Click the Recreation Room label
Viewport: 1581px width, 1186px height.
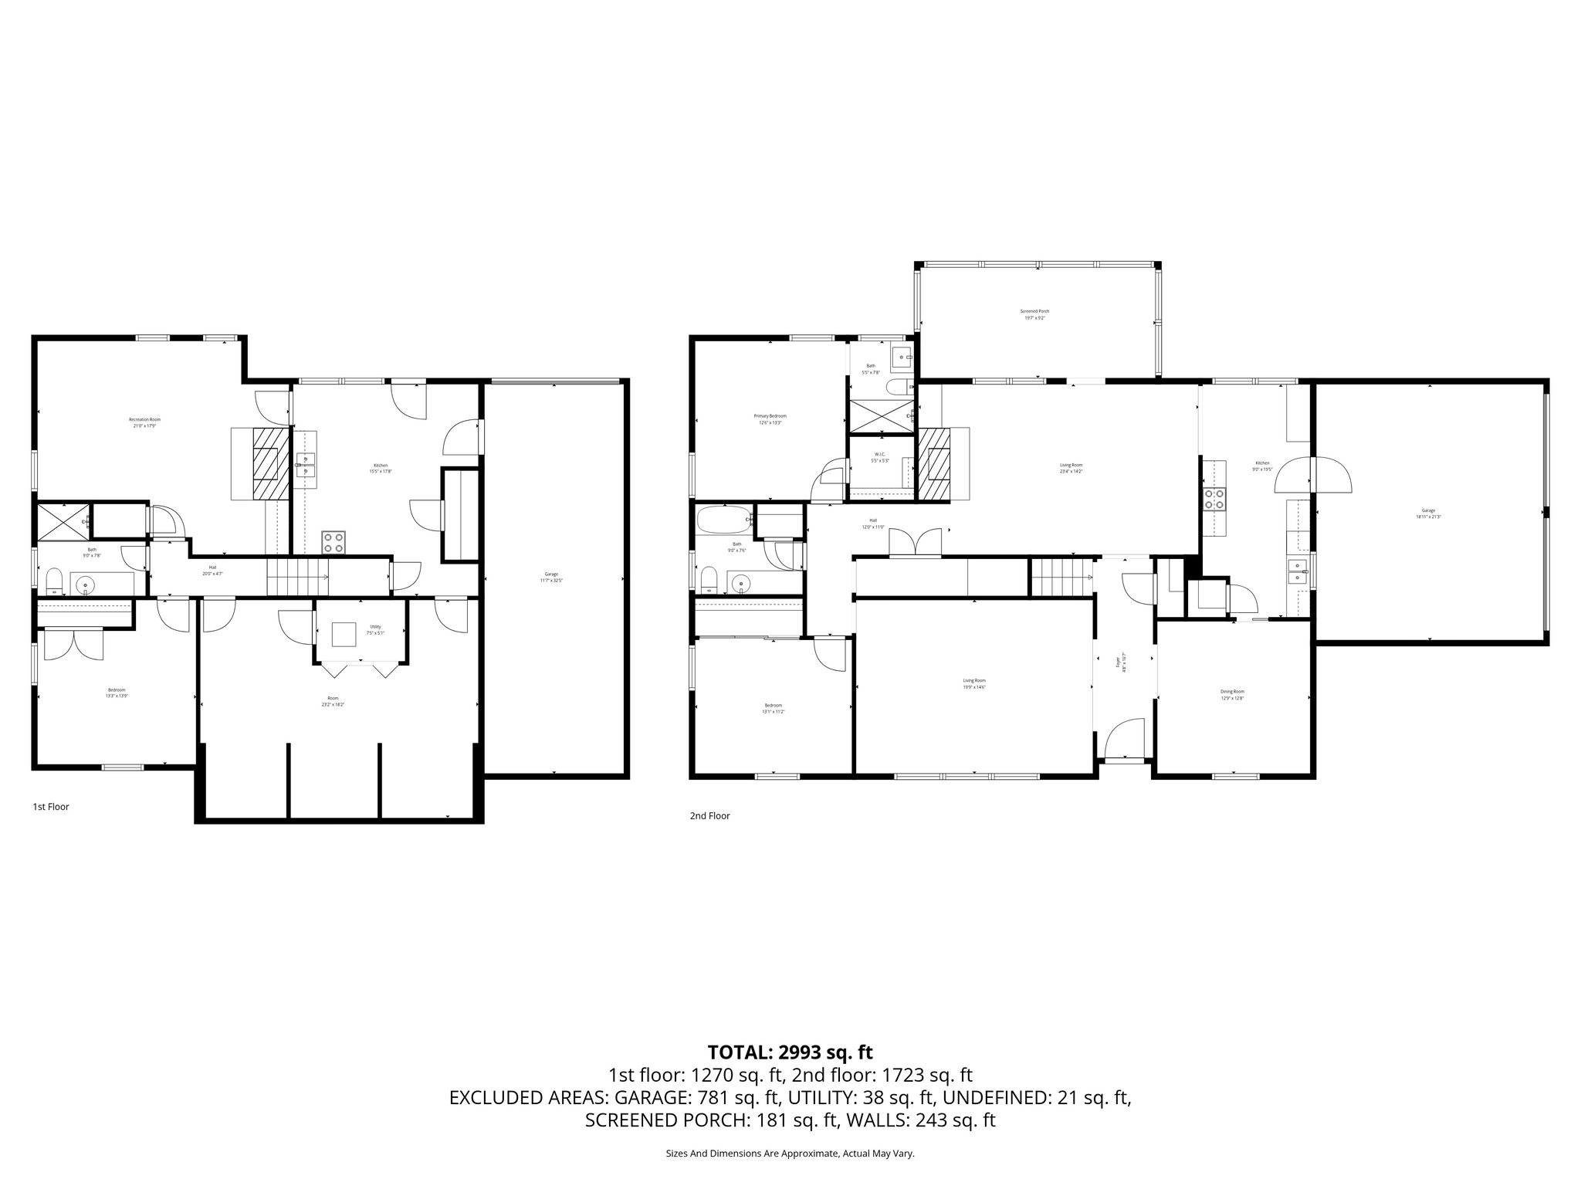[x=144, y=422]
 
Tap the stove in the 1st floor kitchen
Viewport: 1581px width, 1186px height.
[x=333, y=541]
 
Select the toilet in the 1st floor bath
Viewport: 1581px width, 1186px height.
[x=54, y=581]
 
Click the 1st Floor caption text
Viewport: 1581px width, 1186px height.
[x=51, y=807]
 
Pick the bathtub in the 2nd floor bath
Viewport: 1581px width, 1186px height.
[x=723, y=520]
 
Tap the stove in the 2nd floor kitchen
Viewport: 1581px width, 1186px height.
[x=1214, y=500]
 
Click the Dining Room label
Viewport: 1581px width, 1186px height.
[x=1233, y=694]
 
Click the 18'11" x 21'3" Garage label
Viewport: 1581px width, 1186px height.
[x=1429, y=513]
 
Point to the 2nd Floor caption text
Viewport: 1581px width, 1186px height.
[x=709, y=815]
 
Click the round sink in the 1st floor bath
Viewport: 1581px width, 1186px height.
[x=83, y=585]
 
